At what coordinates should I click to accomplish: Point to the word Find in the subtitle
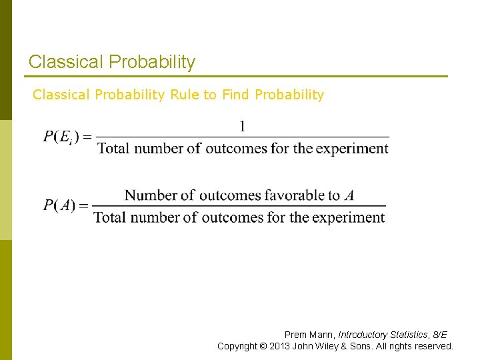click(235, 95)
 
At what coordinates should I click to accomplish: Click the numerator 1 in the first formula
click(243, 125)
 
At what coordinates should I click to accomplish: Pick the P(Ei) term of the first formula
click(61, 137)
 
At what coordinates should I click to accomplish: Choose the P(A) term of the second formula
click(59, 205)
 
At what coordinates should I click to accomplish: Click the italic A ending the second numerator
click(349, 195)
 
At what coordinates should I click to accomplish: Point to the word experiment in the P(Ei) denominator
click(352, 148)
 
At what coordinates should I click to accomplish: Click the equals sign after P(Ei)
click(87, 137)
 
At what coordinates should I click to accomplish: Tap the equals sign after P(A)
click(84, 205)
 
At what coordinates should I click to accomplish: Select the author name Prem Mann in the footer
click(309, 335)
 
